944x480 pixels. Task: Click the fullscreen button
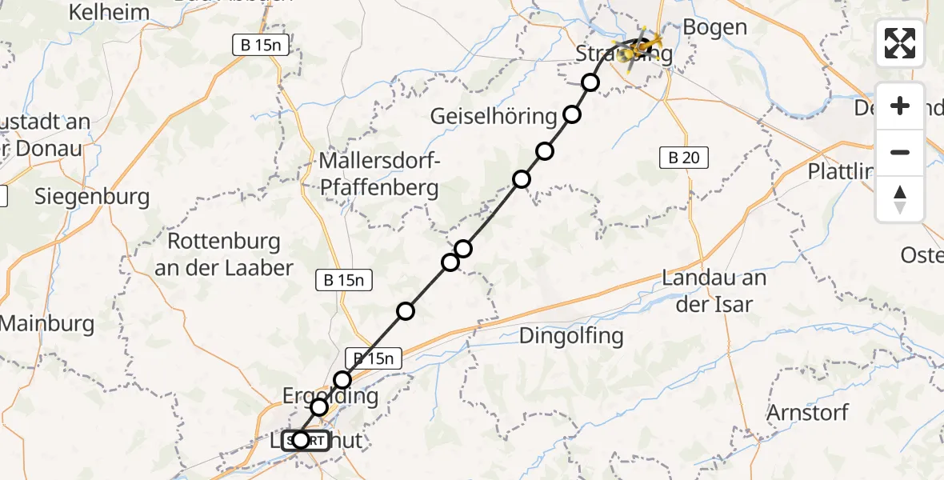pos(900,43)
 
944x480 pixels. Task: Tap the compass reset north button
pos(900,199)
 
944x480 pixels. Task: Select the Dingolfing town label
pos(571,335)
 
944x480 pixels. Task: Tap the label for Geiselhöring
pos(493,116)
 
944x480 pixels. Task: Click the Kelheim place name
pos(110,12)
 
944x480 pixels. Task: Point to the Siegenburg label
pos(92,197)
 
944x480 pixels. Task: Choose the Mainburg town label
pos(48,324)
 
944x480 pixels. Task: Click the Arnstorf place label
pos(807,413)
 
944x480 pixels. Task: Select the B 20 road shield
pos(684,158)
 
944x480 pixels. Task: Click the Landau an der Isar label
pos(714,291)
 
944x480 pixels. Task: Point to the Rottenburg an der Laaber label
pos(224,254)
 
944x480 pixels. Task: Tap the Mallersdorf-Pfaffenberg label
pos(378,174)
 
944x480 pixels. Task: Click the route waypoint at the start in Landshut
pos(300,439)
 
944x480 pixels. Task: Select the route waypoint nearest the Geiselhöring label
pos(572,114)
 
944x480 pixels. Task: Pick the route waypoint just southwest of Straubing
pos(590,82)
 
